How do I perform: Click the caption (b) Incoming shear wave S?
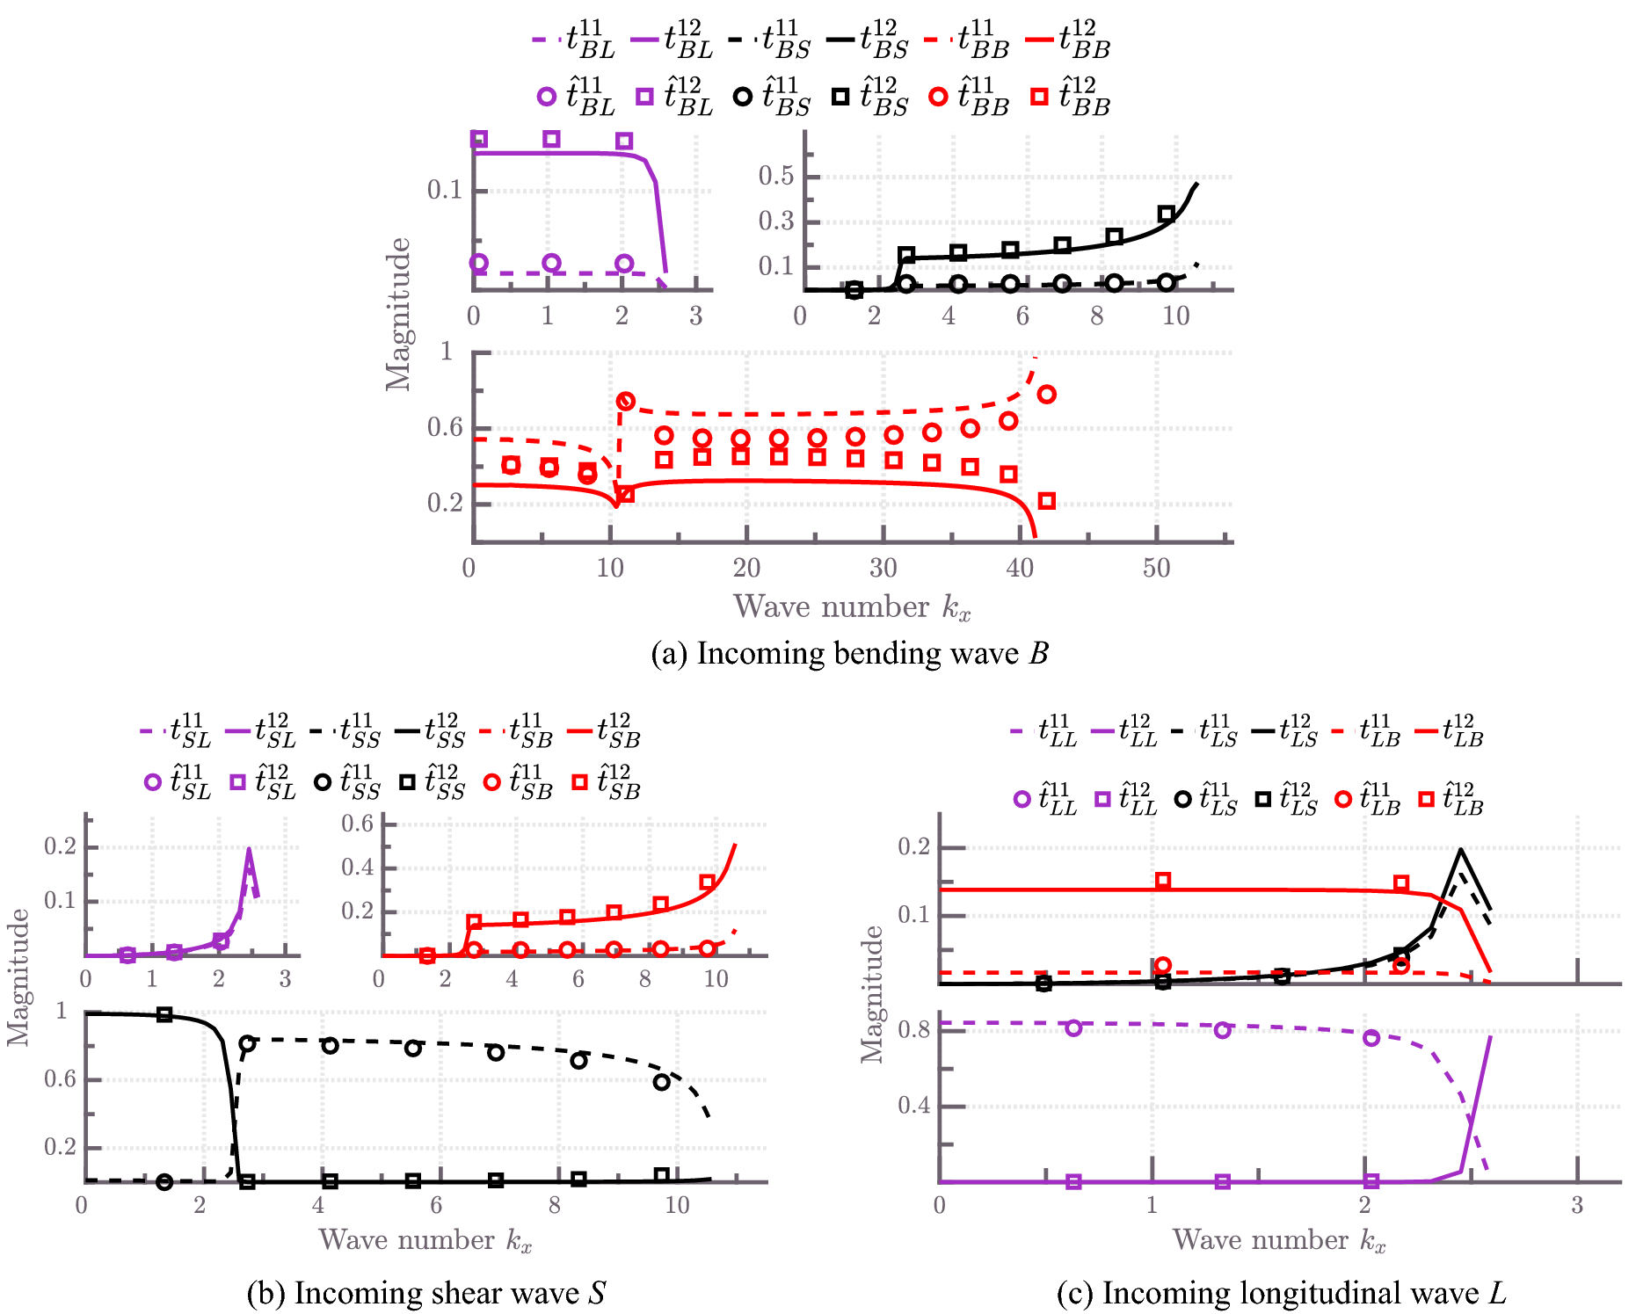click(426, 1293)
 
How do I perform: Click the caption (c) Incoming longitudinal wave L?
click(1281, 1293)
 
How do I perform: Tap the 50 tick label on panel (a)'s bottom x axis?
click(1156, 569)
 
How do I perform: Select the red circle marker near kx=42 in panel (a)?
click(1046, 395)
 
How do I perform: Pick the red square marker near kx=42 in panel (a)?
click(1046, 501)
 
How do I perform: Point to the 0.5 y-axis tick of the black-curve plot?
click(776, 176)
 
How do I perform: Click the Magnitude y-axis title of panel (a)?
click(398, 315)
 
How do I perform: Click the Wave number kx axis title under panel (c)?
click(1279, 1240)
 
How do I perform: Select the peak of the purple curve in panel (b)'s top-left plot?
click(250, 849)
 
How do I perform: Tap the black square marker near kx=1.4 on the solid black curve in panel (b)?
click(164, 1014)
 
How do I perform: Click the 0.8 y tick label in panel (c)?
click(913, 1029)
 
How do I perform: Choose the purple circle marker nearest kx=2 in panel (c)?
click(1371, 1038)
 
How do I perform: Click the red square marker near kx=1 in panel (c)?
click(1163, 881)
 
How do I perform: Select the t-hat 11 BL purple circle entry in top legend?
click(576, 97)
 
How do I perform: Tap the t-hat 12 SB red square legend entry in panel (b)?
click(607, 781)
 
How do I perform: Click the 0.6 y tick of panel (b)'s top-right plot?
click(357, 824)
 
